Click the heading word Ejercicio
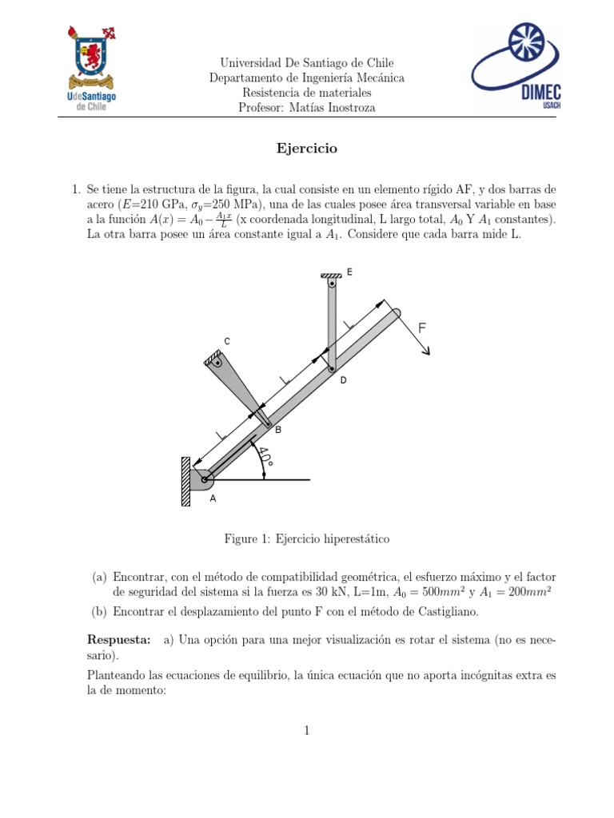(x=306, y=149)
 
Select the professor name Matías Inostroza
(x=329, y=108)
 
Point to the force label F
(x=421, y=328)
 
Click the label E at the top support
(x=349, y=272)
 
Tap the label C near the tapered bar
(x=227, y=342)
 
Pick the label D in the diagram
(x=343, y=381)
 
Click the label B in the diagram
(x=278, y=430)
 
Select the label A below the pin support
(x=212, y=498)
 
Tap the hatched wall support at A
(x=185, y=481)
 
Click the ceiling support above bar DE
(x=330, y=276)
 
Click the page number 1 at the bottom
(x=307, y=729)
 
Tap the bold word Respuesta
(x=118, y=640)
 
